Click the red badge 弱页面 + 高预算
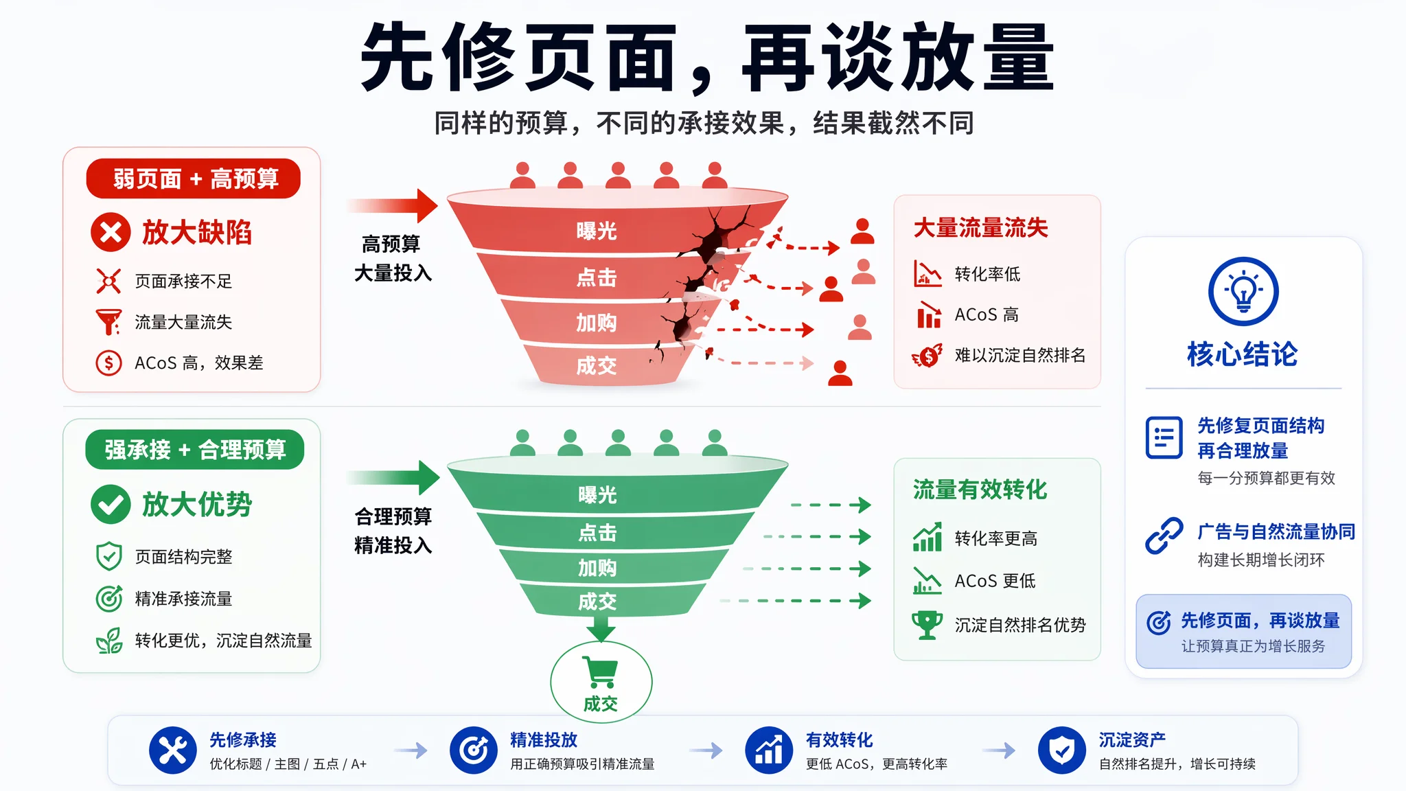pyautogui.click(x=194, y=179)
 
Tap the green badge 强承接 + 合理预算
pyautogui.click(x=195, y=450)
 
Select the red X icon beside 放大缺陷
pyautogui.click(x=111, y=232)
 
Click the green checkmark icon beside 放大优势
pyautogui.click(x=111, y=505)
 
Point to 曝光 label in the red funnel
pyautogui.click(x=597, y=231)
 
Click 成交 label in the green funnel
pyautogui.click(x=597, y=601)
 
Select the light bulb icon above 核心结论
pyautogui.click(x=1243, y=292)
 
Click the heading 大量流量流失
pyautogui.click(x=980, y=228)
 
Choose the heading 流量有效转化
pyautogui.click(x=980, y=490)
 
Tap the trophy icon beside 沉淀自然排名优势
pyautogui.click(x=927, y=625)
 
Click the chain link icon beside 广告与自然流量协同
pyautogui.click(x=1164, y=536)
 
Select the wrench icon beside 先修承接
pyautogui.click(x=173, y=750)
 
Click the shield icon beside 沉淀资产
pyautogui.click(x=1062, y=750)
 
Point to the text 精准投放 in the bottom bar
pyautogui.click(x=544, y=740)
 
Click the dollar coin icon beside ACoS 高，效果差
pyautogui.click(x=108, y=363)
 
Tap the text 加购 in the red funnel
pyautogui.click(x=596, y=322)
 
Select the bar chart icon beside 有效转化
pyautogui.click(x=769, y=750)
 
